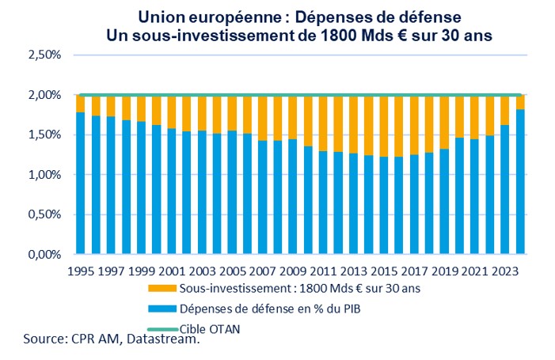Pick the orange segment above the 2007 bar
(262, 118)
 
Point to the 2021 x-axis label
(474, 271)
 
